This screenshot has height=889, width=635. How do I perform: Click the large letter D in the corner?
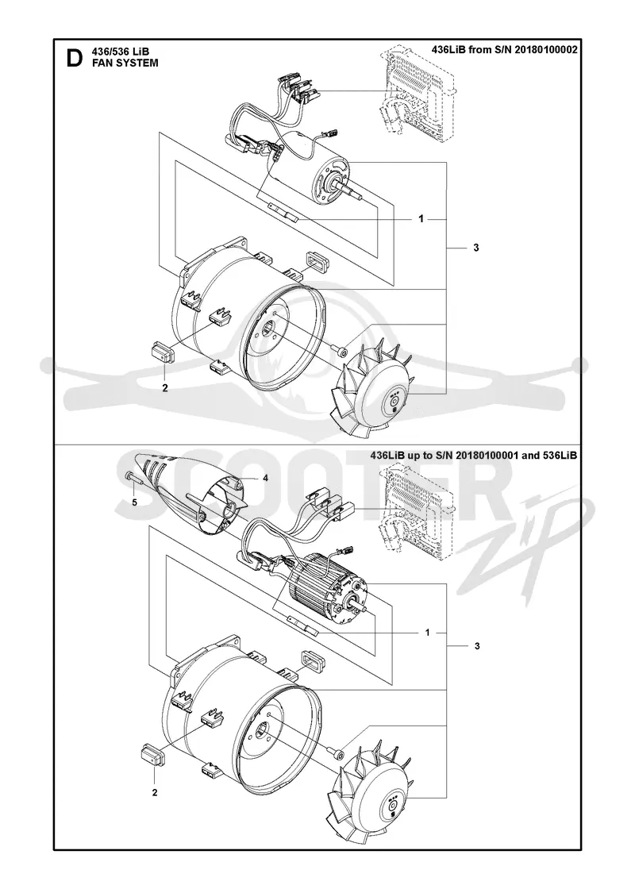pos(75,58)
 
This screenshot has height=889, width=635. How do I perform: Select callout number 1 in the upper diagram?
pos(421,219)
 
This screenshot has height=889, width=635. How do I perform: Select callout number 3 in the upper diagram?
pos(475,248)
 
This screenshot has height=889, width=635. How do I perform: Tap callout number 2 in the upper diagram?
pos(165,388)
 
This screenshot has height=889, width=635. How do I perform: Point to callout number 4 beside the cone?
pos(265,478)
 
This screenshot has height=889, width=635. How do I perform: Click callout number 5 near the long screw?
pos(134,502)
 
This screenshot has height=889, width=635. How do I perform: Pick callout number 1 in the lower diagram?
pos(428,632)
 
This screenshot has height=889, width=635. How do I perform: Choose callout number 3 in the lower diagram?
pos(477,646)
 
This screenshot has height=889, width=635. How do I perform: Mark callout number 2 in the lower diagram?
pos(155,792)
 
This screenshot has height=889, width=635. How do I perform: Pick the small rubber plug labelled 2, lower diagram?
pos(152,754)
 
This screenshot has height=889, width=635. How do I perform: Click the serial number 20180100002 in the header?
pos(543,49)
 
